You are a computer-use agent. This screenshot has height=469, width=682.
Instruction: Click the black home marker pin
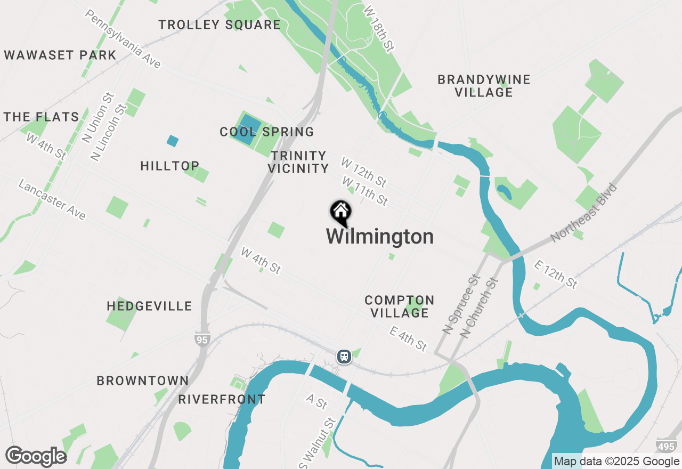pos(340,213)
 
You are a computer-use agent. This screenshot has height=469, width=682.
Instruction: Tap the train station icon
pos(344,356)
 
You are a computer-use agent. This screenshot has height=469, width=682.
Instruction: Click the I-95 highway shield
pos(202,339)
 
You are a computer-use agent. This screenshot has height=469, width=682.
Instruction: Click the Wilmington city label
pos(379,237)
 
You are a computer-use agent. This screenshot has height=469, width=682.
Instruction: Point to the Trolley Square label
pos(220,25)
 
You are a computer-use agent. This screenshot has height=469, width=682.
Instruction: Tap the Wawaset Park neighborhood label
pos(60,55)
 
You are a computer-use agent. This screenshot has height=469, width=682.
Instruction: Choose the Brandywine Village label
pos(484,86)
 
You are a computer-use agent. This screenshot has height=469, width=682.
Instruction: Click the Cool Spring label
pos(267,132)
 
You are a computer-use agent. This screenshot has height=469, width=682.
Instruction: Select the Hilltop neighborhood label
pos(170,166)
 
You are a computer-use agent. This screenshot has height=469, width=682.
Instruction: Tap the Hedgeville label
pos(149,306)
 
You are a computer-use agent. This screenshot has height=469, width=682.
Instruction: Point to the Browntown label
pos(143,381)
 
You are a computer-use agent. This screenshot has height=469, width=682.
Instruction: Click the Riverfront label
pos(222,399)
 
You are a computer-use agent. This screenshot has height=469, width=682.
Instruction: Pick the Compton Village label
pos(400,306)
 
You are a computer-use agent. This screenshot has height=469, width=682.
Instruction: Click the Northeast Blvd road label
pos(583,213)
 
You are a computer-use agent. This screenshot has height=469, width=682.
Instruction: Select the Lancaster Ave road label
pos(52,199)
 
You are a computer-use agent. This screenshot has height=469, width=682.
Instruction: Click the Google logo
pos(36,456)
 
